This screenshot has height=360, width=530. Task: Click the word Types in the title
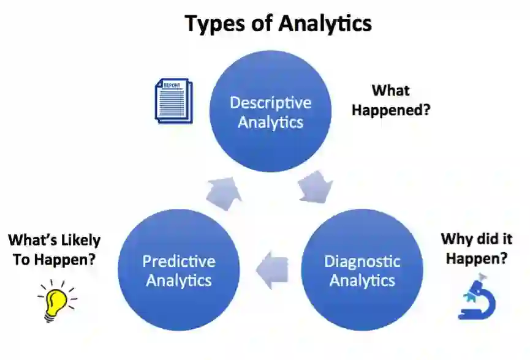coord(216,23)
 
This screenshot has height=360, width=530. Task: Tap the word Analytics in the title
coord(325,23)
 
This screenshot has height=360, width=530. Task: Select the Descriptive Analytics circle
coord(271,111)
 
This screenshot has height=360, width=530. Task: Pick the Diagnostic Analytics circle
coord(362,270)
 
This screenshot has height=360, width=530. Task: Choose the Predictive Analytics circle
coord(178,270)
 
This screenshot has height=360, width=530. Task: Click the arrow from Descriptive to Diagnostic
coord(317,186)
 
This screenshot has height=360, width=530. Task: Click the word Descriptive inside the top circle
coord(271,102)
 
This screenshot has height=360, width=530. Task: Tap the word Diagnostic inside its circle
coord(362,261)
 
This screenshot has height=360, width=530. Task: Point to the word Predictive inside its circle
coord(179,261)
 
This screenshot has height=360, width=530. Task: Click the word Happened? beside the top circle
coord(390,111)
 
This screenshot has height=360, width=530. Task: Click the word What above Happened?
coord(390,91)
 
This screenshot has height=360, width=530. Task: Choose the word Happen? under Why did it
coord(476,258)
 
